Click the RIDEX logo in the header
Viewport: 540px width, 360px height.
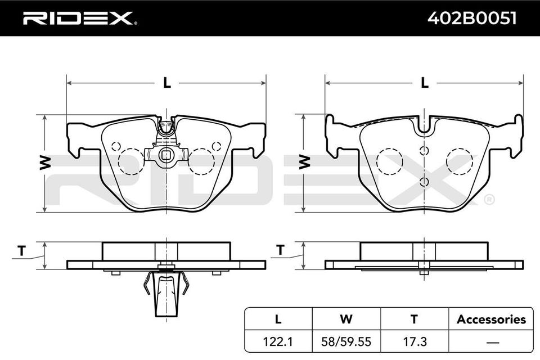click(x=79, y=18)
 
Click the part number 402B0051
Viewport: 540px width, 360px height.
click(x=472, y=18)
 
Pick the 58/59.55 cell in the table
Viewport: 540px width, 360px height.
click(x=346, y=342)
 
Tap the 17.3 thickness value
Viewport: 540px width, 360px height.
click(x=415, y=342)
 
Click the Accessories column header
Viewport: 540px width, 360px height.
click(x=491, y=319)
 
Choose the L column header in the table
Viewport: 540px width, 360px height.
click(x=278, y=319)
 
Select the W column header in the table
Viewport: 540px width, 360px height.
click(x=346, y=319)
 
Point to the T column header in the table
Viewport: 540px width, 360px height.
click(x=415, y=319)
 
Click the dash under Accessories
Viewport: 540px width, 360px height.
click(x=493, y=343)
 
